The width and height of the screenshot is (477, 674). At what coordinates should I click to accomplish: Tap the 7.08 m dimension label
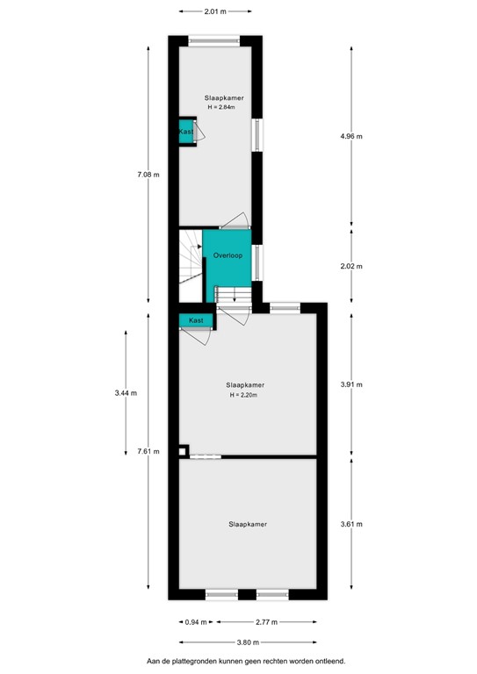[148, 175]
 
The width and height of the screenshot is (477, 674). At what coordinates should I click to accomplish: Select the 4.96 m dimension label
[351, 136]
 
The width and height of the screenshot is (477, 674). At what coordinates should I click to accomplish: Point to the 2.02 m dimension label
[351, 266]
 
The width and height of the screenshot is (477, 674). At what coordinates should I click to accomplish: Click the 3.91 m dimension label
[351, 384]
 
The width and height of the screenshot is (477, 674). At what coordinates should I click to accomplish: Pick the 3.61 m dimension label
[351, 524]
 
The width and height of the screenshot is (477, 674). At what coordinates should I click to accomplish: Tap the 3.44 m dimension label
[126, 392]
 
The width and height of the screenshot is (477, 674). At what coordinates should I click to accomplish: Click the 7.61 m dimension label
[148, 451]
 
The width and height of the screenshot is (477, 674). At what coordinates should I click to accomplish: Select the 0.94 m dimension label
[197, 622]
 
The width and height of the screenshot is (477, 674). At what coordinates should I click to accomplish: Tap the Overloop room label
[227, 255]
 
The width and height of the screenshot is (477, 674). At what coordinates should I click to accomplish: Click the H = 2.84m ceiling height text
[223, 107]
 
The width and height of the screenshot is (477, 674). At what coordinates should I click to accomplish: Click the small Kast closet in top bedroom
[186, 132]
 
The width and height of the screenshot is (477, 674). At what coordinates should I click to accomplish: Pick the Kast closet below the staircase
[195, 321]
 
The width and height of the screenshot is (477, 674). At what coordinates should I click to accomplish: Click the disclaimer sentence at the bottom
[246, 661]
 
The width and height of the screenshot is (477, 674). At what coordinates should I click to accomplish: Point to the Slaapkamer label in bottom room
[247, 524]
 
